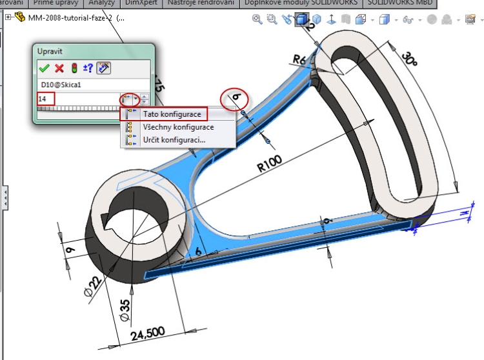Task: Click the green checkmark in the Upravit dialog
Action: pyautogui.click(x=44, y=68)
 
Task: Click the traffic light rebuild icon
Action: pyautogui.click(x=74, y=68)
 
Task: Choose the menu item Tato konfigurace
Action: pyautogui.click(x=171, y=114)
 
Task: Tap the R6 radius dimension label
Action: pyautogui.click(x=299, y=60)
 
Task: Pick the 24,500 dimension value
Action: pyautogui.click(x=148, y=334)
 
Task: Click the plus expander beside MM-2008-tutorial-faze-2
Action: pyautogui.click(x=8, y=17)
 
